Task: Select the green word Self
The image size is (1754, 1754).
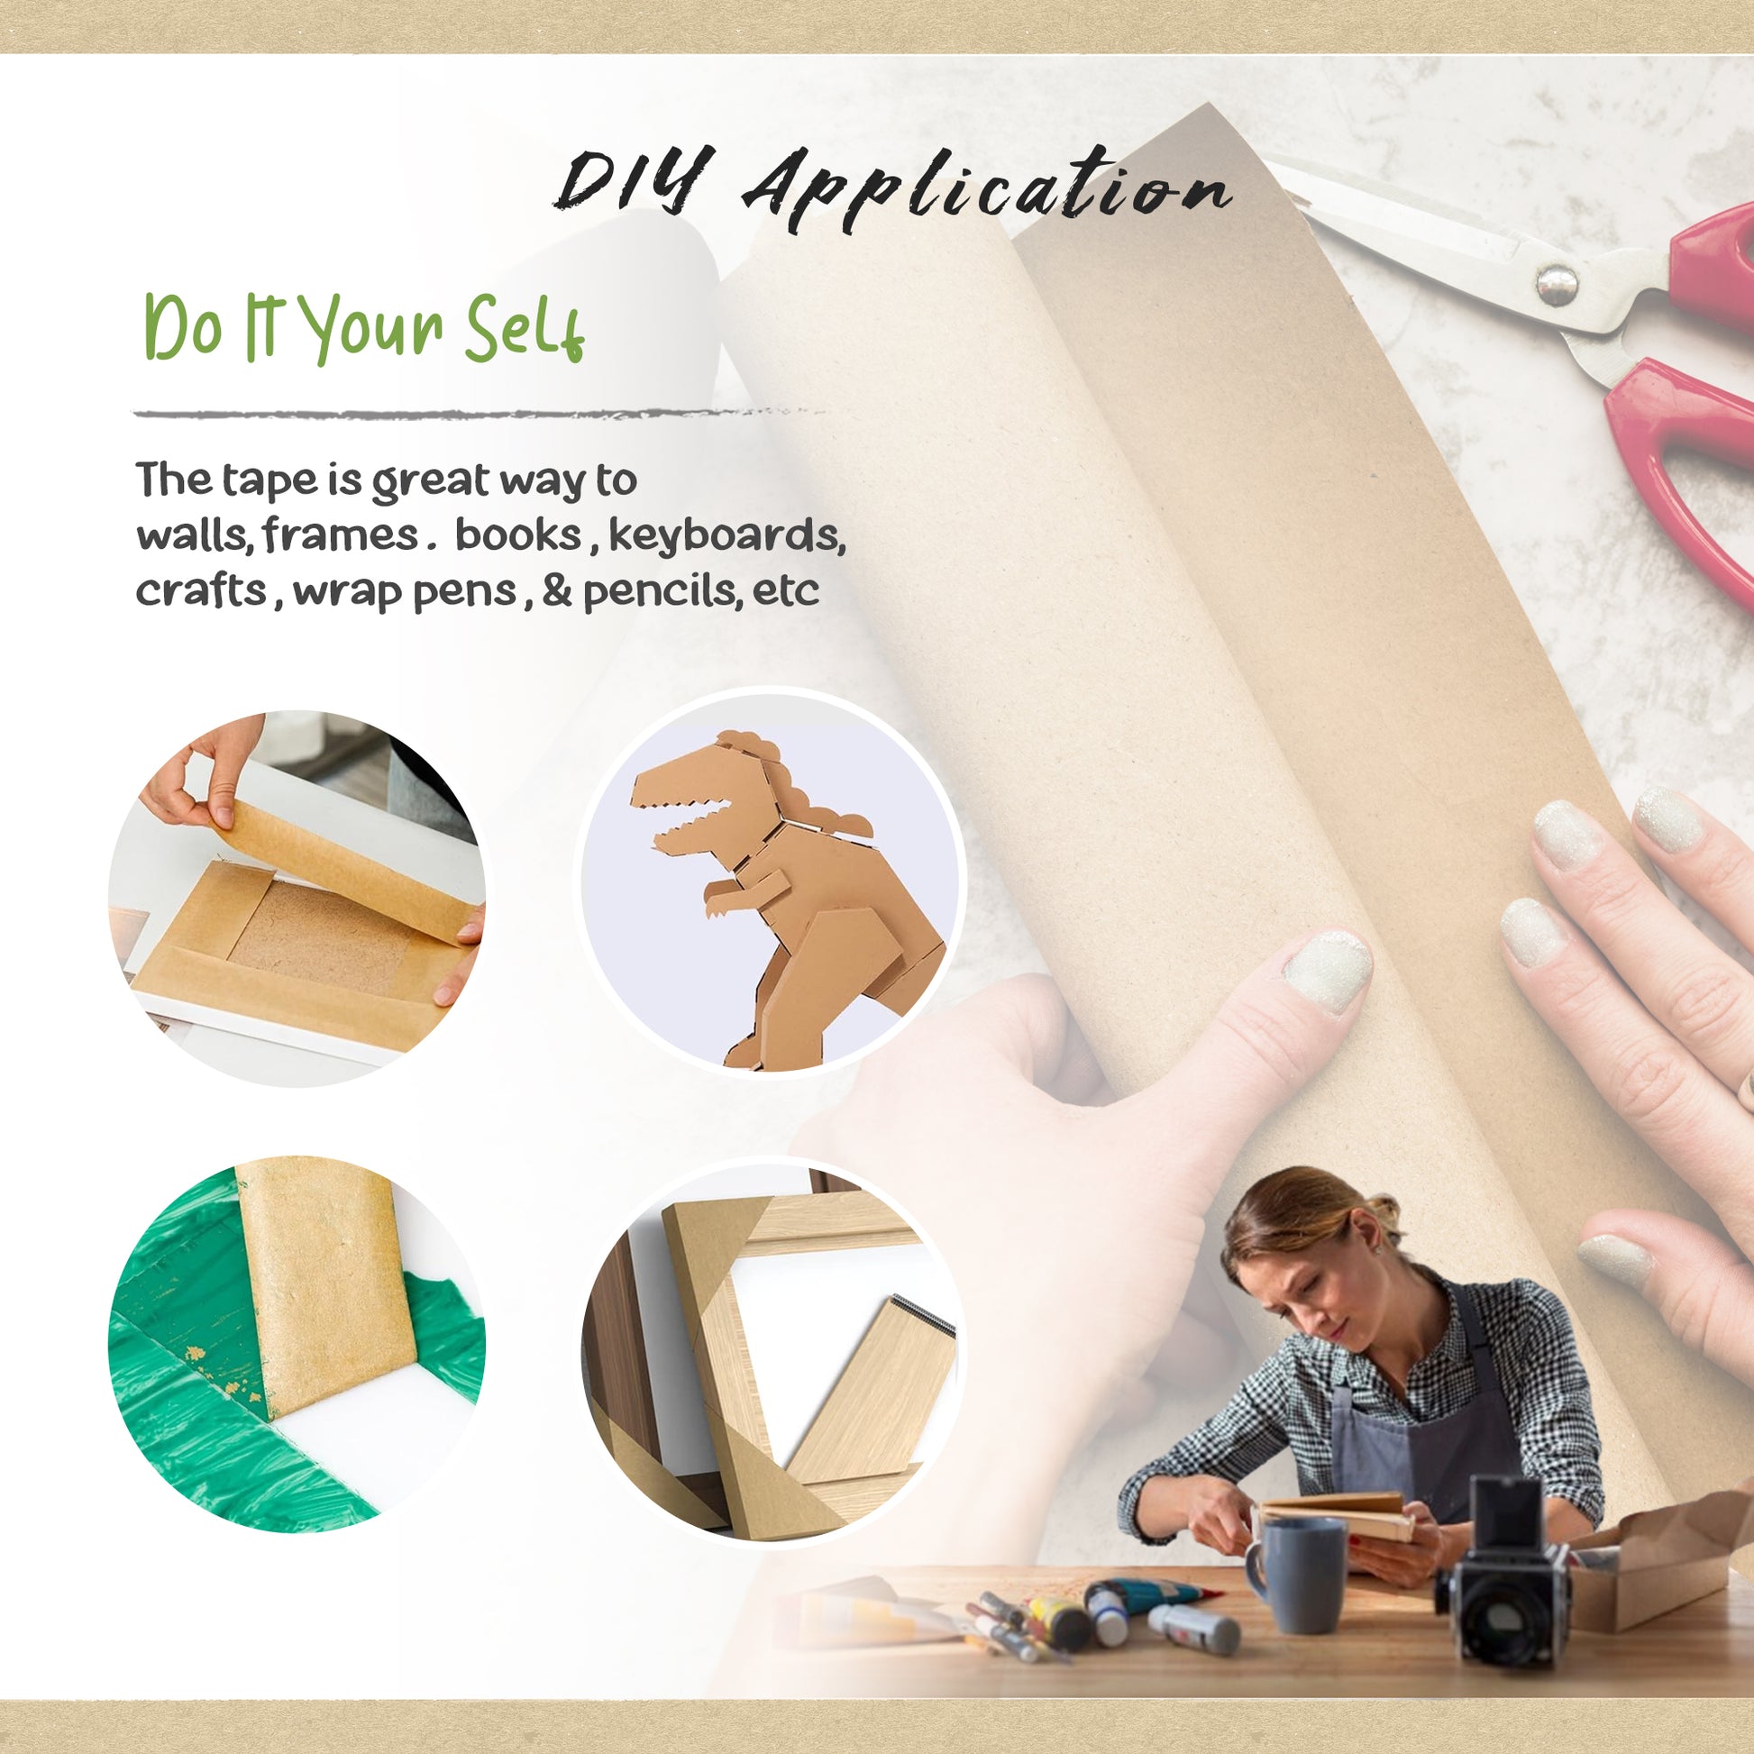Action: (525, 328)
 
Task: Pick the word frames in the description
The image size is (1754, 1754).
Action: (342, 534)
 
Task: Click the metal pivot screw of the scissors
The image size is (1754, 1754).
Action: (1556, 284)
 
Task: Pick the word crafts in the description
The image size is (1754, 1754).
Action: (202, 591)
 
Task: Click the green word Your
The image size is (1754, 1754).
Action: (371, 328)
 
